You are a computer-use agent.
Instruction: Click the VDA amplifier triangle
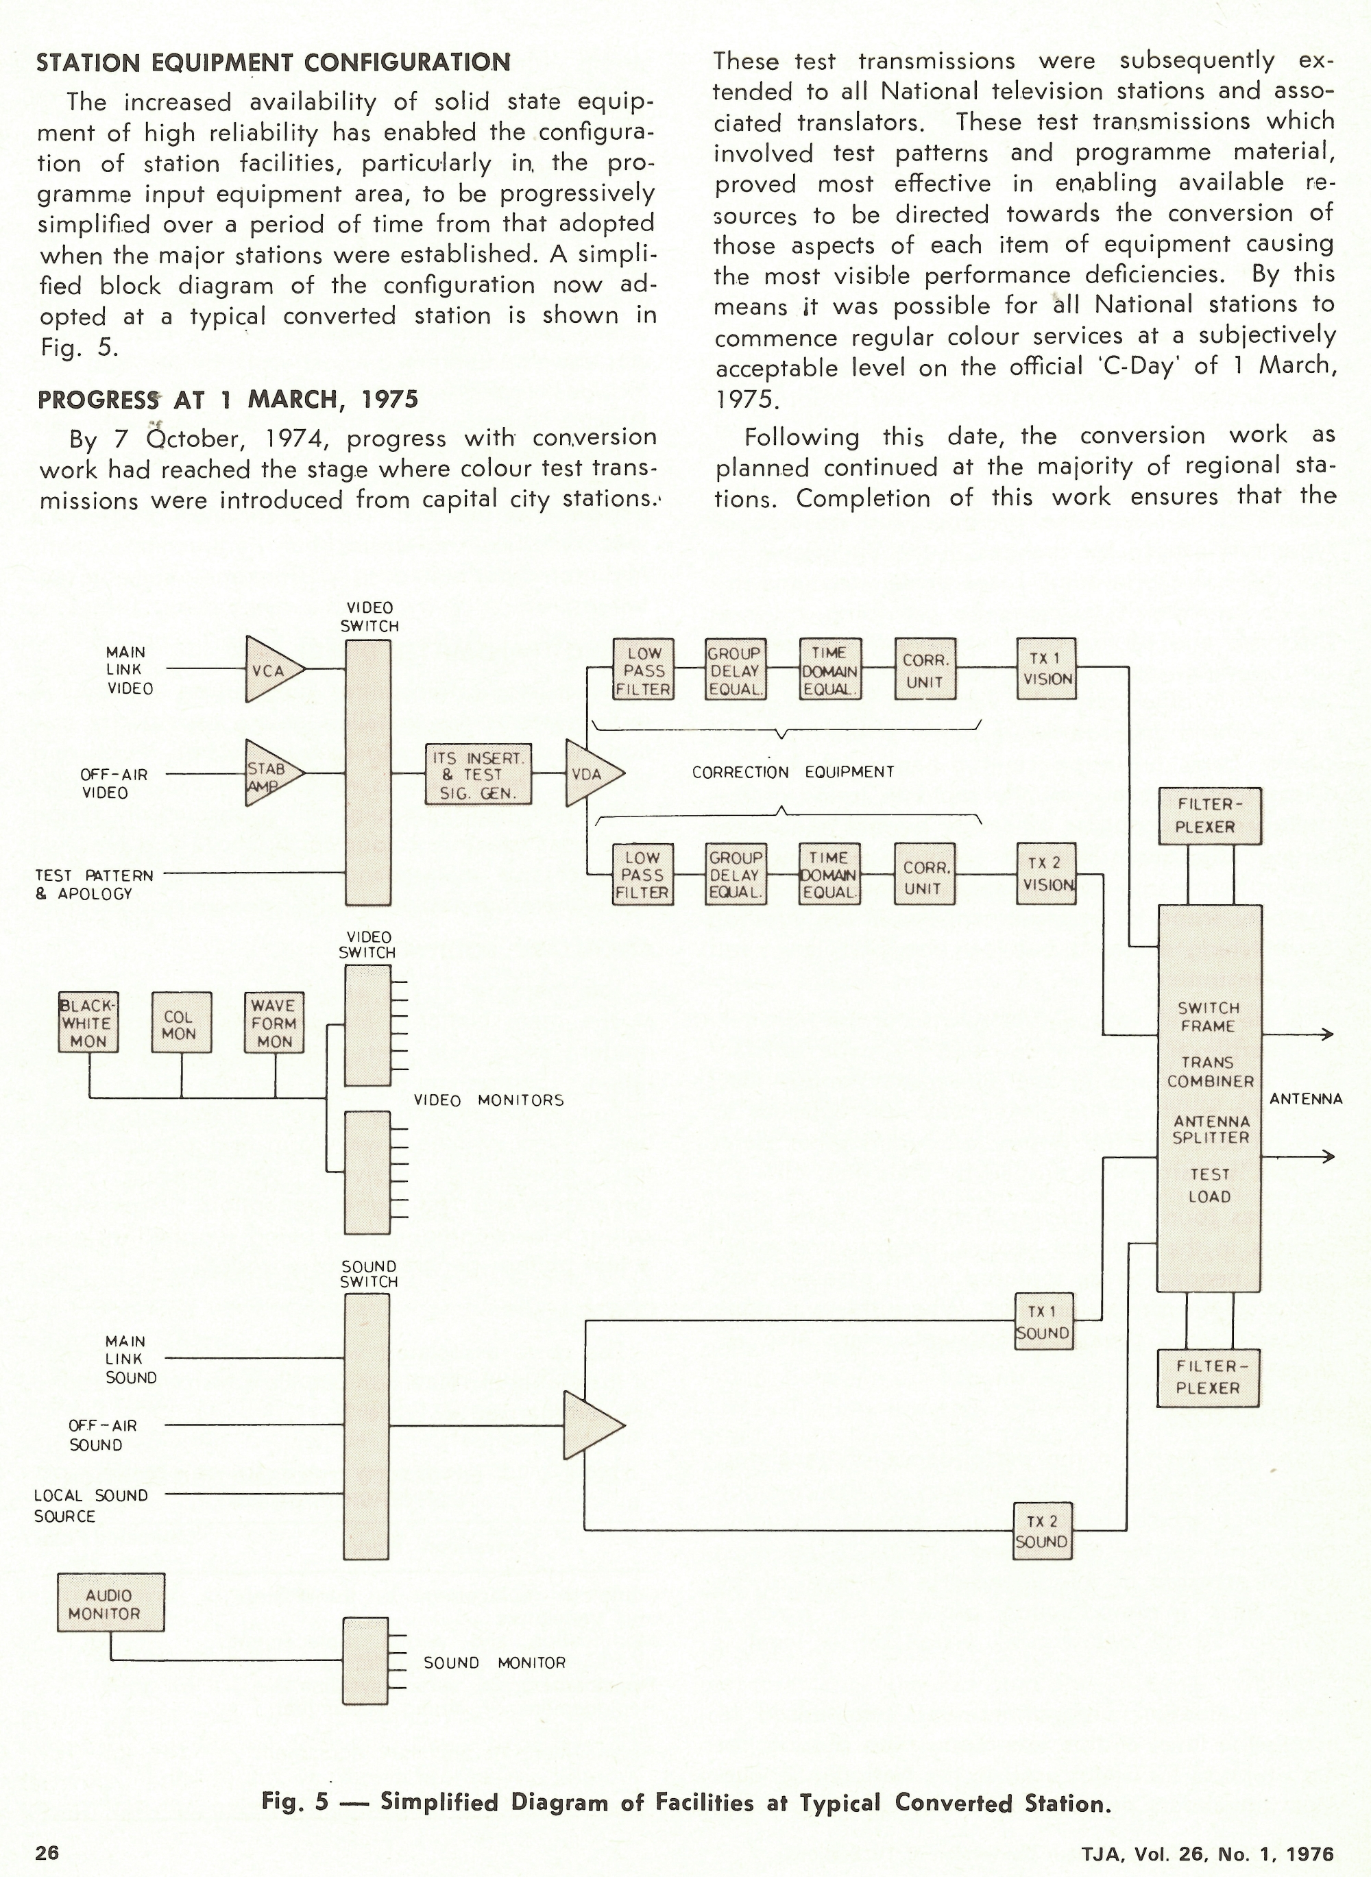point(590,773)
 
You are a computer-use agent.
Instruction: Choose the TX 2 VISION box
point(1047,874)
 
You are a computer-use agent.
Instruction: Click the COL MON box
point(181,1023)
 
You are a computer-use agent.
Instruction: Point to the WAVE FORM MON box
point(274,1023)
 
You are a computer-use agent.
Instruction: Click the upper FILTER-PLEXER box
point(1209,816)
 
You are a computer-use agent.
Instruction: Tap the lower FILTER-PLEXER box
point(1208,1377)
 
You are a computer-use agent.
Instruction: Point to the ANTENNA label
point(1305,1099)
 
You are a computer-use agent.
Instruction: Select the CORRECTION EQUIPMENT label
point(792,773)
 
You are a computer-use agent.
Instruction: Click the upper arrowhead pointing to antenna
point(1328,1034)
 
